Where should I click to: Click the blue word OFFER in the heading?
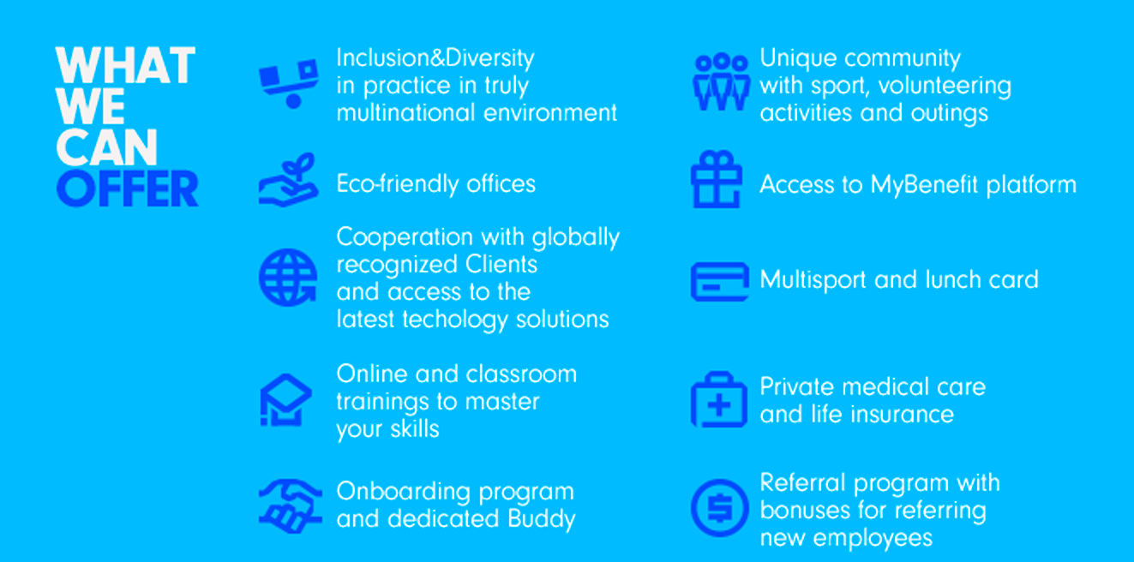coord(127,188)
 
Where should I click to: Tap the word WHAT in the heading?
coord(125,65)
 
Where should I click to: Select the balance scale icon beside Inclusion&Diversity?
coord(289,84)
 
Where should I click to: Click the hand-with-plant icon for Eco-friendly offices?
coord(289,180)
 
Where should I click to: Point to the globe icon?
coord(288,278)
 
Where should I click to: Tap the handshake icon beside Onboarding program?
coord(290,505)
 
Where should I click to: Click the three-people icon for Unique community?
coord(720,82)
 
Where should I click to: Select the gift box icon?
coord(717,179)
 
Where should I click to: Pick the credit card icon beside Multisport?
coord(719,281)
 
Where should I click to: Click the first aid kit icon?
coord(719,399)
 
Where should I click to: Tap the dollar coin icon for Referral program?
coord(719,508)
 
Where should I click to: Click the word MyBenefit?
coord(924,186)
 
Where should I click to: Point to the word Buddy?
coord(541,520)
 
